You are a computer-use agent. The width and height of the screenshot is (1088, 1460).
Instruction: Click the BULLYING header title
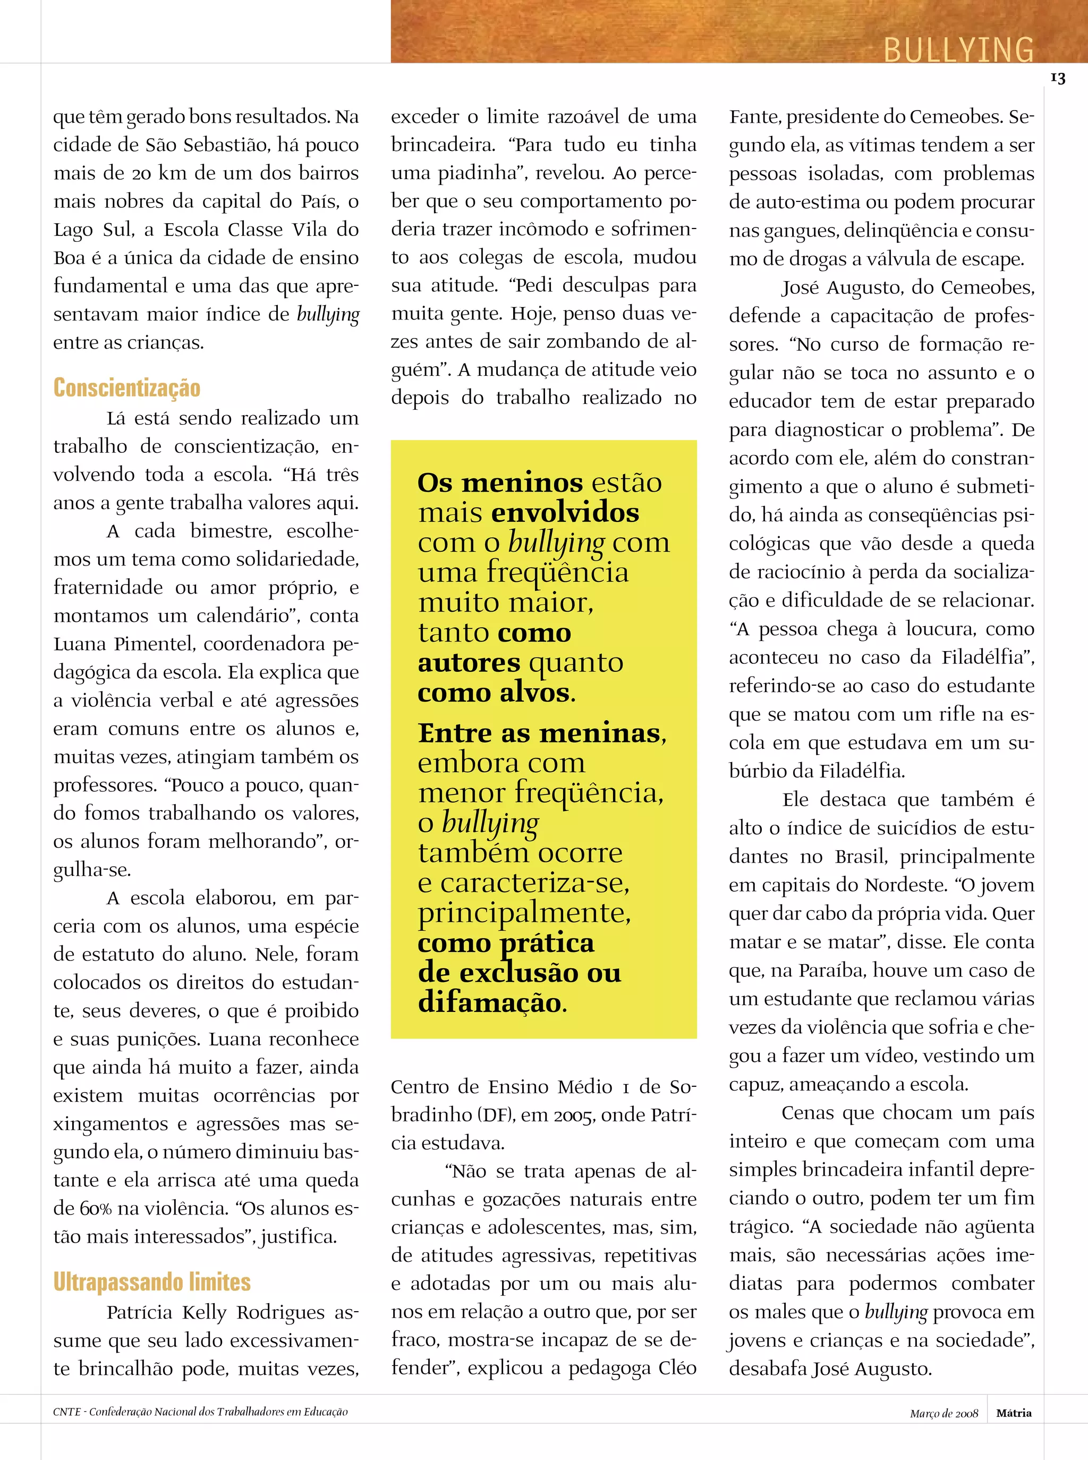pyautogui.click(x=958, y=49)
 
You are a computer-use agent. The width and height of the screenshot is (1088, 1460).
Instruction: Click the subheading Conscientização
pyautogui.click(x=126, y=388)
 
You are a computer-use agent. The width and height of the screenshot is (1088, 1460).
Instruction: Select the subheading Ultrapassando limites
pyautogui.click(x=152, y=1281)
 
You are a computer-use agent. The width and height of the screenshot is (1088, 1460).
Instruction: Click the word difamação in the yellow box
pyautogui.click(x=491, y=1002)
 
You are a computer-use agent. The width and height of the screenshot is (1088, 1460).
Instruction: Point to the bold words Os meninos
pyautogui.click(x=500, y=483)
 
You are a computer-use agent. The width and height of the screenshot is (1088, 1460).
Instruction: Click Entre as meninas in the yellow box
pyautogui.click(x=541, y=732)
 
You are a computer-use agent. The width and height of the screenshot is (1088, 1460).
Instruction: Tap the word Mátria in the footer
pyautogui.click(x=1014, y=1413)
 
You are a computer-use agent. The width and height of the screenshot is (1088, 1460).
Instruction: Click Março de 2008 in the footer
pyautogui.click(x=944, y=1413)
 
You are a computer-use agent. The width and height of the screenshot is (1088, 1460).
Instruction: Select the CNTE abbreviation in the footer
pyautogui.click(x=66, y=1412)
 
